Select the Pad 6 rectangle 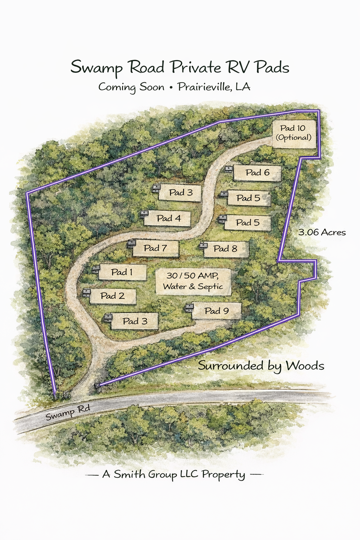pos(257,173)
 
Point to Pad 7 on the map pos(155,248)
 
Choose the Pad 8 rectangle pos(225,249)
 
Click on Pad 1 pos(122,272)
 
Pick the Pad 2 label pos(112,296)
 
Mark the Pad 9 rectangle pos(217,311)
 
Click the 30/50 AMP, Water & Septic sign pos(193,281)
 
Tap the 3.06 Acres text pos(322,232)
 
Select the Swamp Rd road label pos(67,412)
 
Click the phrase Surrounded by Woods pos(261,366)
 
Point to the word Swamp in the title pos(96,67)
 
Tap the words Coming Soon pos(131,87)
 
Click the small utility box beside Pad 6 pos(229,169)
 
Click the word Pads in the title pos(272,67)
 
